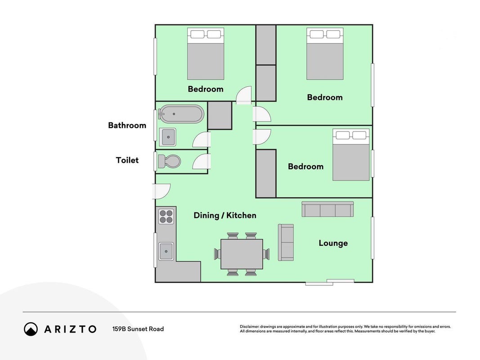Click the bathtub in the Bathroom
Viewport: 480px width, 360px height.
(x=181, y=114)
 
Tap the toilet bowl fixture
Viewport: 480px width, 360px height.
(x=169, y=161)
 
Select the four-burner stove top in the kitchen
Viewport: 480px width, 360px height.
(x=166, y=216)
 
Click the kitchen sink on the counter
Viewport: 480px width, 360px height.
(x=166, y=252)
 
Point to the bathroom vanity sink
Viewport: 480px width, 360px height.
(x=167, y=137)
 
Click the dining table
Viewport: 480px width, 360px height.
(x=242, y=254)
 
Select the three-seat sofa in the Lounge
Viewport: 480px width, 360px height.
(x=327, y=209)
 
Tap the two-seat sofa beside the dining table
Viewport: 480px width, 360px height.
(x=286, y=243)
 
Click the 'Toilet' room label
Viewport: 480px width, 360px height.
(x=127, y=160)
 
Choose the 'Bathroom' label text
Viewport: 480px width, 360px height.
(x=127, y=125)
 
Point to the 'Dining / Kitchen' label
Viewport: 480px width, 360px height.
(x=225, y=216)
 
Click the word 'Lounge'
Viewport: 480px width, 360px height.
(x=333, y=243)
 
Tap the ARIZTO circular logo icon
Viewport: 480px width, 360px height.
(x=31, y=329)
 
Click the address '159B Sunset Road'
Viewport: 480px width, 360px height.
(x=138, y=329)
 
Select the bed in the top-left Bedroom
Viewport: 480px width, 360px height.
(x=206, y=54)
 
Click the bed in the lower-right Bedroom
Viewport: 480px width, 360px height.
(x=351, y=155)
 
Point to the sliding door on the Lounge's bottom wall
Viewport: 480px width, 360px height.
(x=330, y=282)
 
